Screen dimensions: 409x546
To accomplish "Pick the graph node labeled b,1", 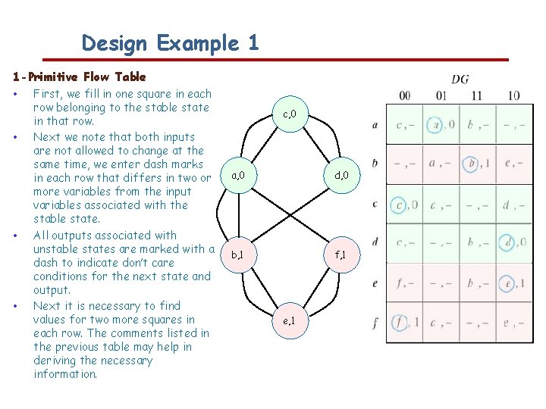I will coord(237,256).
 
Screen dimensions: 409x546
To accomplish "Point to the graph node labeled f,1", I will coord(341,256).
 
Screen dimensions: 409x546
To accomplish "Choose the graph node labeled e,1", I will coord(289,321).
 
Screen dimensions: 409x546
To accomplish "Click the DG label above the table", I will coord(460,79).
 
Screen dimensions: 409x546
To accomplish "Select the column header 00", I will coord(405,96).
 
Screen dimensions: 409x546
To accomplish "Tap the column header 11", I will coord(476,96).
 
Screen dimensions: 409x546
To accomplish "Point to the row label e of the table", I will coord(375,284).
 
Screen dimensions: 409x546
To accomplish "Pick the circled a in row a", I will coord(435,123).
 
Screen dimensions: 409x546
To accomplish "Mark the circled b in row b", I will coord(472,163).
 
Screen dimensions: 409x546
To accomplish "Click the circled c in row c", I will coord(399,204).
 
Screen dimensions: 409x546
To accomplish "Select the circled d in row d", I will coord(508,243).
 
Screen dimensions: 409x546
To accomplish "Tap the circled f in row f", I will coord(399,323).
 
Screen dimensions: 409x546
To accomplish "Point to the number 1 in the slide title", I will coord(253,43).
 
